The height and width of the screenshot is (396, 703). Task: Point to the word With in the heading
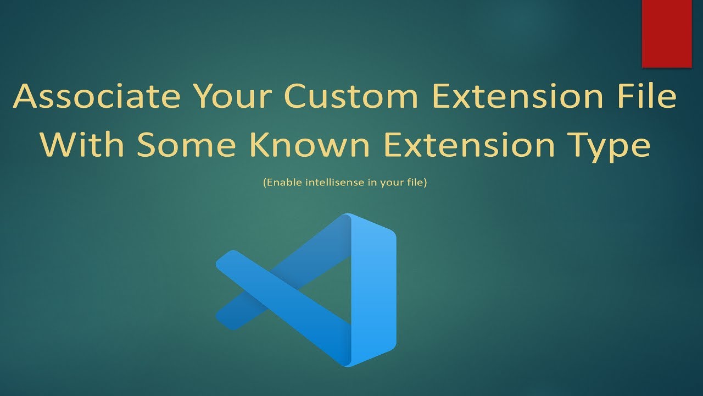(85, 145)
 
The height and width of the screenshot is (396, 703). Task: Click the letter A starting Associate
(25, 97)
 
